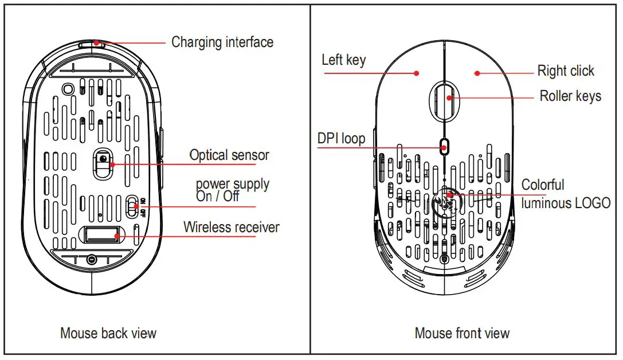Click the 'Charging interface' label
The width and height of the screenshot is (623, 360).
(x=222, y=42)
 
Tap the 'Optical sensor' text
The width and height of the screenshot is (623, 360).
(x=229, y=155)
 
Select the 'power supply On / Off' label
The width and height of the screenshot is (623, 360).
(x=232, y=190)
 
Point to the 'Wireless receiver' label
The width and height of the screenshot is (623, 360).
(x=231, y=227)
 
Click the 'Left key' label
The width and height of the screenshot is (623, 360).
(x=343, y=60)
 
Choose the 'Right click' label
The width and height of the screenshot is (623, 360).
(x=565, y=71)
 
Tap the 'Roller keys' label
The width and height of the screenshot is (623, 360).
(x=570, y=96)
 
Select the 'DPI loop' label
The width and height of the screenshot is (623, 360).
(x=341, y=139)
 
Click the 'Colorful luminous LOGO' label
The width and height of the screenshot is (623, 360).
(x=565, y=194)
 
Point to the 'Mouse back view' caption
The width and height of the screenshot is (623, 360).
(x=108, y=333)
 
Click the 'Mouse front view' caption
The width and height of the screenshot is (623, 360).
(x=462, y=333)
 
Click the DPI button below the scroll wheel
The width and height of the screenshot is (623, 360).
(x=445, y=146)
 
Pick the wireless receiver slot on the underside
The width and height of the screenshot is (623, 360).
(x=103, y=234)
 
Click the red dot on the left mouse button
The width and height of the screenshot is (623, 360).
(x=417, y=73)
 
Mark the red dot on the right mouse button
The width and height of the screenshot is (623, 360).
(x=477, y=73)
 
